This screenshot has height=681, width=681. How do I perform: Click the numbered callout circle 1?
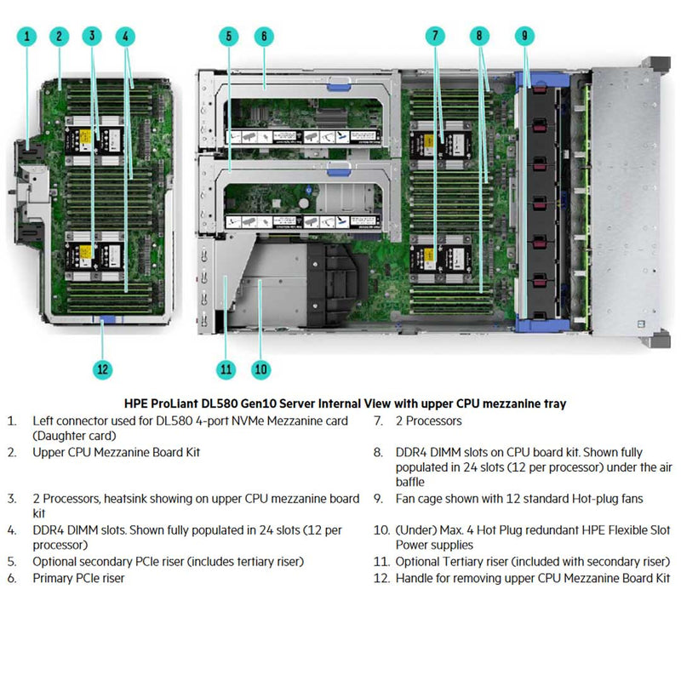coord(28,36)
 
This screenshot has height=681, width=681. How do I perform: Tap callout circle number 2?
coord(59,36)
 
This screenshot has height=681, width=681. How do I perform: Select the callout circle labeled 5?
coord(227,36)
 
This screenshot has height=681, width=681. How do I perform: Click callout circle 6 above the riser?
coord(264,36)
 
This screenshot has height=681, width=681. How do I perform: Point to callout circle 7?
coord(435,36)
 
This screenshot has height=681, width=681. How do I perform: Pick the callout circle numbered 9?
coord(525,36)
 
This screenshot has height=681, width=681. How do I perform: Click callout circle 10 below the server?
coord(261,369)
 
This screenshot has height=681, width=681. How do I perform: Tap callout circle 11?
coord(226,369)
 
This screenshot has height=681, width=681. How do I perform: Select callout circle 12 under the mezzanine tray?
coord(103,369)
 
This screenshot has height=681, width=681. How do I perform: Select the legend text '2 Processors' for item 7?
coord(429,421)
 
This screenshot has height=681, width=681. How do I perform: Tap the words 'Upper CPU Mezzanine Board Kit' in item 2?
coord(117,452)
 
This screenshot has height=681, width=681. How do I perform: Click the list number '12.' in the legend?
coord(381,578)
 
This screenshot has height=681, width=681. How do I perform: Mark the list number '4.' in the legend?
coord(12,530)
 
